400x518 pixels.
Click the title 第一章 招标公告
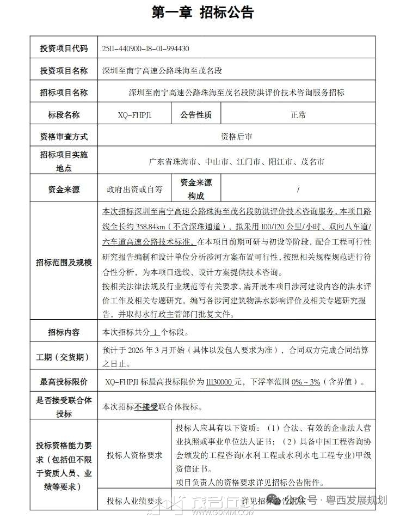pos(202,12)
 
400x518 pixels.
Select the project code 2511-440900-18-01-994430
pos(145,48)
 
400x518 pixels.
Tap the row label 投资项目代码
pos(64,48)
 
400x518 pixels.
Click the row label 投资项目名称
pos(64,71)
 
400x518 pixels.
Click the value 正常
pos(298,115)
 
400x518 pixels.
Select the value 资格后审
pos(236,137)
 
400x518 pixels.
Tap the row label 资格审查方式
pos(64,137)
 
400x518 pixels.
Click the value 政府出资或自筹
pos(134,190)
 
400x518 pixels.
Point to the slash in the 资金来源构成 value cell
pos(298,190)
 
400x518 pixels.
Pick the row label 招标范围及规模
pos(64,261)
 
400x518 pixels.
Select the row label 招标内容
pos(64,332)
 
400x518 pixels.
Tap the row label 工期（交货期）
pos(64,357)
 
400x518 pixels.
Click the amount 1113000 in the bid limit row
pos(220,382)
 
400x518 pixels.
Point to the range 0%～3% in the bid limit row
pos(306,382)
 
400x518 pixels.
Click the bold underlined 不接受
pos(146,407)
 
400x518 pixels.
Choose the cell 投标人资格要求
pos(134,455)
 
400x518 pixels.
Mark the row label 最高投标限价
pos(64,382)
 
